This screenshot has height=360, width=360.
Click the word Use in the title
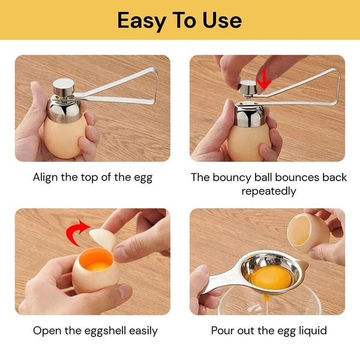(x=222, y=20)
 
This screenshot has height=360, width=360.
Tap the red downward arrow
(x=264, y=77)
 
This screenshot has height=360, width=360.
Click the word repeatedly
(x=268, y=191)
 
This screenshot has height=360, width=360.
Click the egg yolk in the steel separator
(x=269, y=277)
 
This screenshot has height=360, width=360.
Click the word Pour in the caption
(x=223, y=331)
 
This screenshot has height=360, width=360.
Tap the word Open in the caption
(x=46, y=331)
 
